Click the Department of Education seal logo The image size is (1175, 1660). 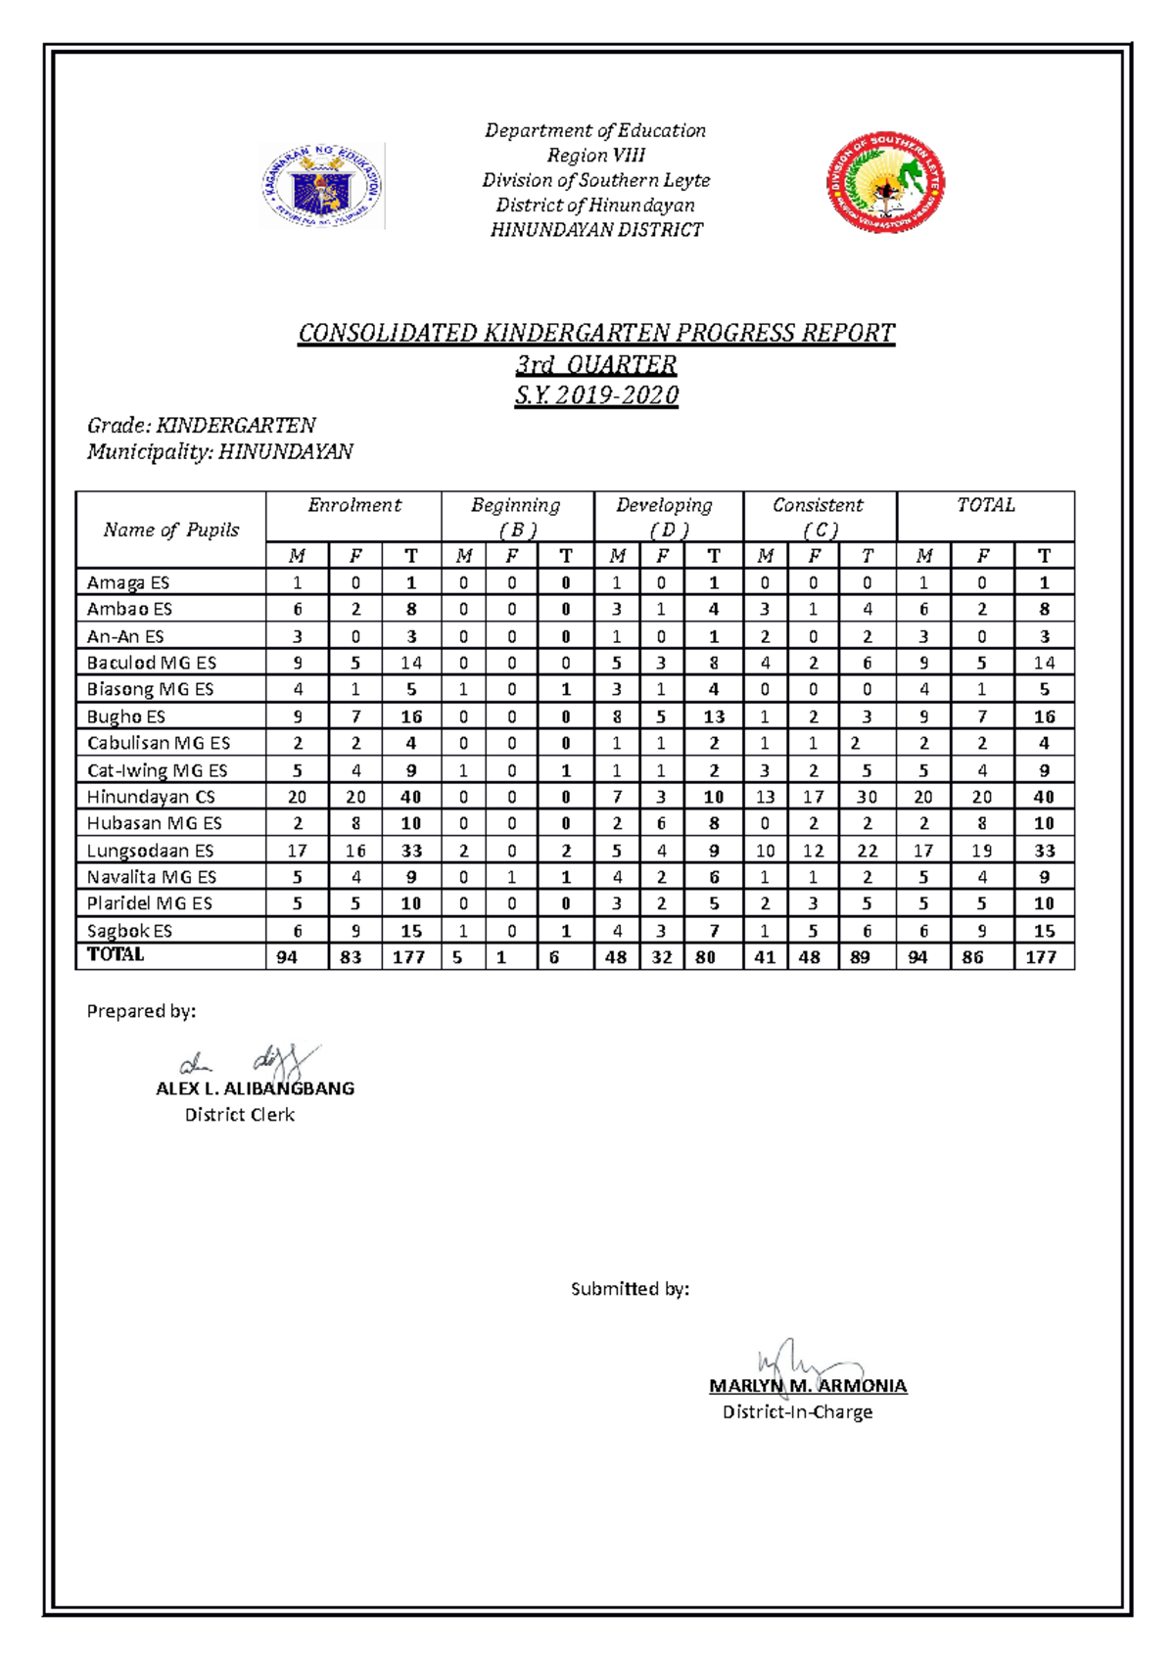tap(322, 185)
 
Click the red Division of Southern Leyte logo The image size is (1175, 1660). tap(886, 183)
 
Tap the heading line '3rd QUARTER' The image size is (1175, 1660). tap(596, 365)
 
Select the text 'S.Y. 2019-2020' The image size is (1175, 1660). tap(596, 395)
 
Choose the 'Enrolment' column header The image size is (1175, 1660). tap(353, 505)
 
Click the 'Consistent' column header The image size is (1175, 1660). tap(818, 505)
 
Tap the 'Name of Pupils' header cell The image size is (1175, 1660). tap(171, 530)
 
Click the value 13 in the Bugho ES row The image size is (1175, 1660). tap(714, 716)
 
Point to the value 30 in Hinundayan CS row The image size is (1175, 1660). tap(867, 797)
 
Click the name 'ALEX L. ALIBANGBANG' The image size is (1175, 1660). tap(255, 1088)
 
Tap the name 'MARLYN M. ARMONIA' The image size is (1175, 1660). tap(808, 1386)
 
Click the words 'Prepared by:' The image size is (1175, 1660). tap(141, 1011)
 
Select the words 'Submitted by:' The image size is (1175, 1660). tap(630, 1289)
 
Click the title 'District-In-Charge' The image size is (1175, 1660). tap(797, 1411)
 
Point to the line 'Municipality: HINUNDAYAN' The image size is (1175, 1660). tap(219, 451)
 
